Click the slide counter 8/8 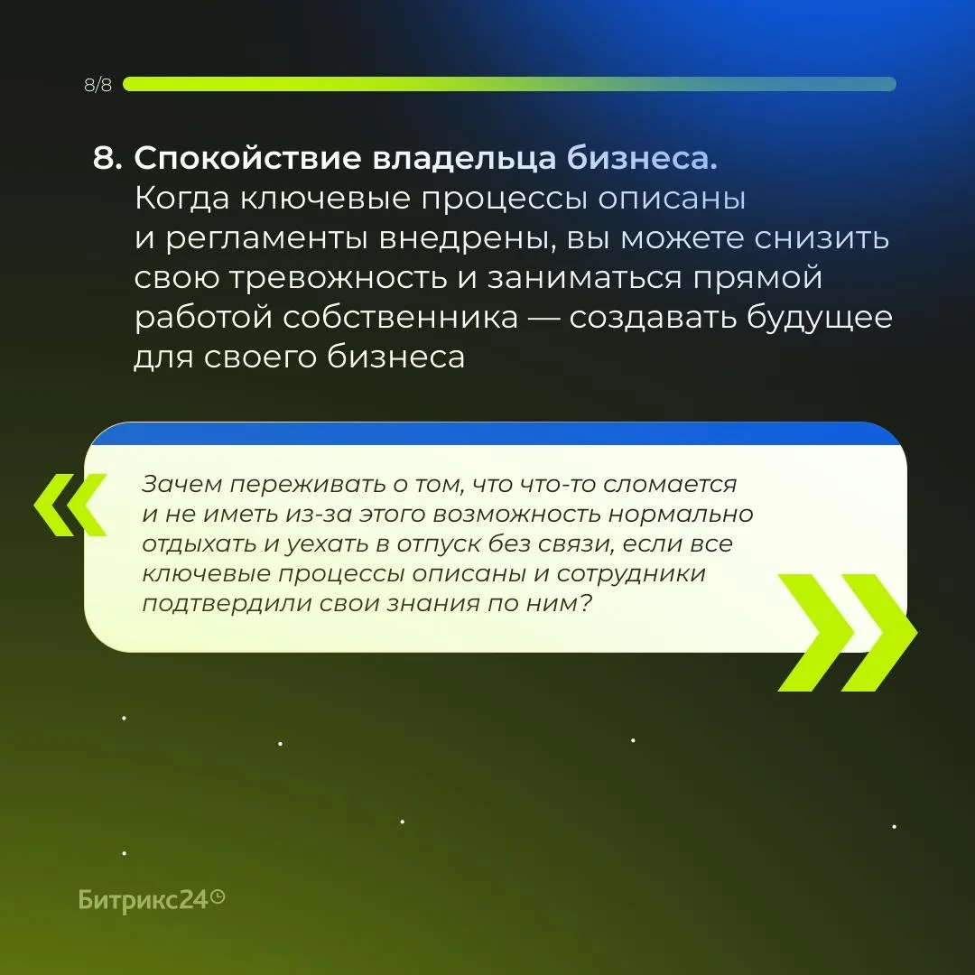point(98,85)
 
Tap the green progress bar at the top point(509,84)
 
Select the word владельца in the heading point(464,159)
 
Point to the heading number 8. point(107,158)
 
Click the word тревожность point(339,278)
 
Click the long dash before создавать point(543,319)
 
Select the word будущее point(819,319)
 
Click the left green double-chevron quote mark point(70,505)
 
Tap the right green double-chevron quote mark point(848,632)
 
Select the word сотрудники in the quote point(630,574)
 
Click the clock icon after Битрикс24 point(218,897)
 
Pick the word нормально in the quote point(681,515)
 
